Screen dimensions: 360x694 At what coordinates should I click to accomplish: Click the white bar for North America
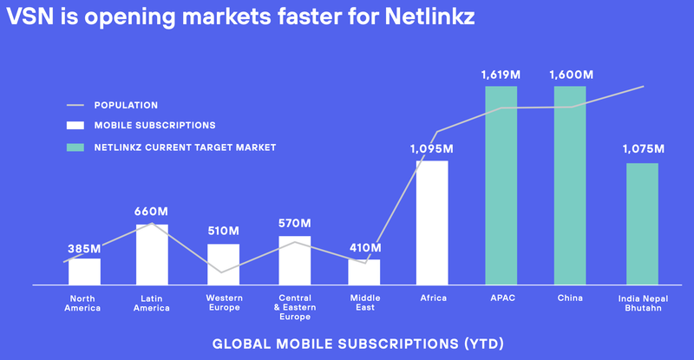tap(85, 272)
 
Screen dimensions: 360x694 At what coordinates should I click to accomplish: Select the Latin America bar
tap(153, 254)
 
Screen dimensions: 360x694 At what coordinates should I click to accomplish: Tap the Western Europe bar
tap(224, 264)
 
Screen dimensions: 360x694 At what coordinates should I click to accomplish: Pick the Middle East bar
tap(364, 272)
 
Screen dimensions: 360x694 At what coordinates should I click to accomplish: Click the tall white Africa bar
tap(432, 222)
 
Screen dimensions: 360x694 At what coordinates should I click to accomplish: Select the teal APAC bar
tap(501, 185)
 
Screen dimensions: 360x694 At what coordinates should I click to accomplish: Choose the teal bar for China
tap(571, 185)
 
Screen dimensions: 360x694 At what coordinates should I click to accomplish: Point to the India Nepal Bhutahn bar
tap(642, 224)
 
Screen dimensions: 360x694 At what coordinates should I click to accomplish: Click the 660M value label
tap(153, 212)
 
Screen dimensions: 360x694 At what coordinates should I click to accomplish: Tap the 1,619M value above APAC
tap(501, 75)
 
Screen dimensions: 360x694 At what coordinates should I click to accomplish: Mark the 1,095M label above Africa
tap(432, 149)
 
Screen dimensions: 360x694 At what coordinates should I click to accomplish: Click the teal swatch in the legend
tap(76, 147)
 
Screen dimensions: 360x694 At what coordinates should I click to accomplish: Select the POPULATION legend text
tap(126, 105)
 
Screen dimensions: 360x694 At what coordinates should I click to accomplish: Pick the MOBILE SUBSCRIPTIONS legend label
tap(154, 126)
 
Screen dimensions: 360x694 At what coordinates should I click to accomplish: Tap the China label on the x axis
tap(571, 298)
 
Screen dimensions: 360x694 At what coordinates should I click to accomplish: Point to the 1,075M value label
tap(643, 149)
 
